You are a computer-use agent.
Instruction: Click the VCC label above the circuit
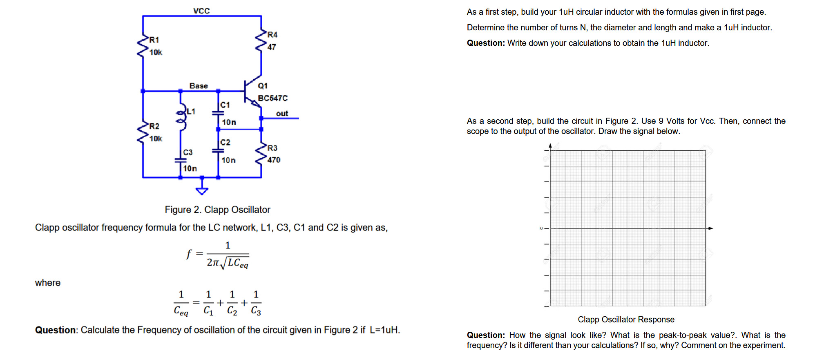(201, 11)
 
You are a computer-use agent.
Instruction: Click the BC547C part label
(272, 98)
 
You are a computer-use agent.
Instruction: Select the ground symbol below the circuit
(202, 189)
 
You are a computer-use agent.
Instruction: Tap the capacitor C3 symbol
(181, 161)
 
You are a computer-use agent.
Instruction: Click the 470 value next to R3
(274, 160)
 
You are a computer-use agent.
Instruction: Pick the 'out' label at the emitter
(282, 114)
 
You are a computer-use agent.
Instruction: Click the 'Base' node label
(199, 86)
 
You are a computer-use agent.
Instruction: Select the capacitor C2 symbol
(218, 151)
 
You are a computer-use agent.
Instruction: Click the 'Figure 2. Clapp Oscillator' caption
(217, 210)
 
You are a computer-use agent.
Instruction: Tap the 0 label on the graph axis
(541, 228)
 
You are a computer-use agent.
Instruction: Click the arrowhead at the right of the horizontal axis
(710, 228)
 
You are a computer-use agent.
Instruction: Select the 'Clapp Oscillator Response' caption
(626, 320)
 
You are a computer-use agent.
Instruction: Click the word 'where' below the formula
(48, 283)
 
